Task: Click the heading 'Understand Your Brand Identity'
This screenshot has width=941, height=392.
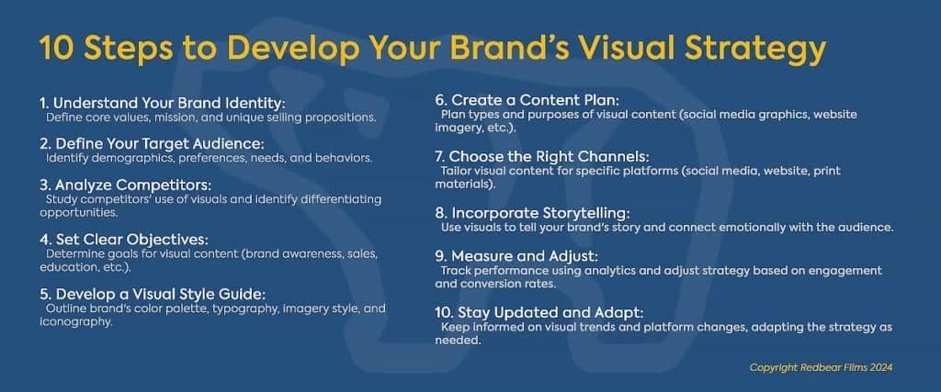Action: [150, 104]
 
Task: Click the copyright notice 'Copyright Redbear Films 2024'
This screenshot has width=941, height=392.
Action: [822, 367]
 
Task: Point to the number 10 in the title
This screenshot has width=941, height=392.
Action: [57, 47]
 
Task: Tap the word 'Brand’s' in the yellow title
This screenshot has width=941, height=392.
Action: [512, 47]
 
